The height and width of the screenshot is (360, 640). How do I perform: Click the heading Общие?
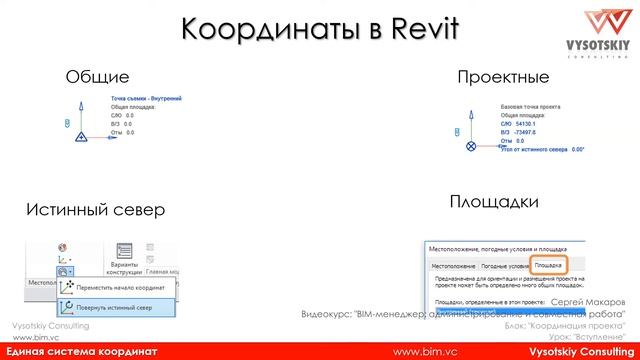pyautogui.click(x=97, y=77)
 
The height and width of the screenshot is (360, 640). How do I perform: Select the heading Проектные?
pyautogui.click(x=503, y=77)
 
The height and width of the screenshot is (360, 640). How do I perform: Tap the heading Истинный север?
pyautogui.click(x=96, y=210)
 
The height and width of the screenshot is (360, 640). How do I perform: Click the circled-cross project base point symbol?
pyautogui.click(x=472, y=146)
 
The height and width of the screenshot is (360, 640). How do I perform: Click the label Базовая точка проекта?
pyautogui.click(x=534, y=105)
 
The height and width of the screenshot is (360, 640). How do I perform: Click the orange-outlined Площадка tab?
pyautogui.click(x=549, y=267)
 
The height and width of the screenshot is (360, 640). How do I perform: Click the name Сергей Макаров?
pyautogui.click(x=587, y=301)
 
